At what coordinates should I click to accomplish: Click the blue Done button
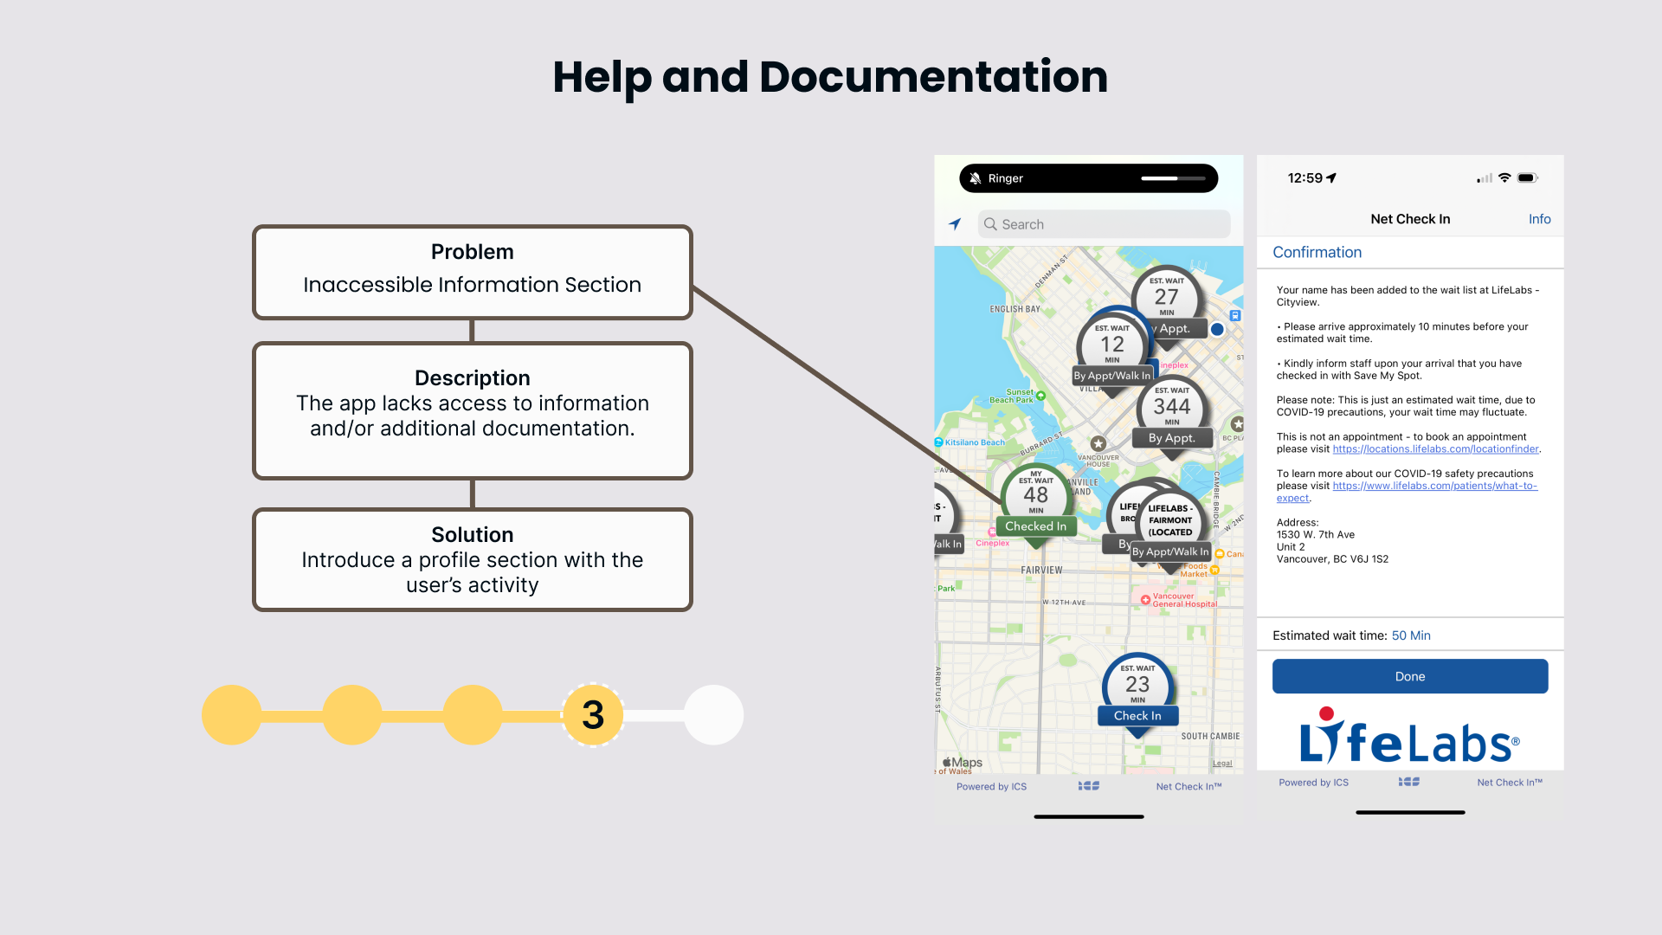[1409, 676]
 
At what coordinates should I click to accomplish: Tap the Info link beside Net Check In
[1539, 219]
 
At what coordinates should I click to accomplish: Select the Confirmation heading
[1317, 252]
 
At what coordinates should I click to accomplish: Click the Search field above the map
[1104, 224]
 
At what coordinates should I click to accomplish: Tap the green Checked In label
[1035, 526]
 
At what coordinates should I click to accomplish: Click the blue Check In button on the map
[1137, 716]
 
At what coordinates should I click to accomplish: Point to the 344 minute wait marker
[1171, 407]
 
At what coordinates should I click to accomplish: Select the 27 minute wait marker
[1166, 297]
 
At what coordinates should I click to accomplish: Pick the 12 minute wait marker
[1112, 345]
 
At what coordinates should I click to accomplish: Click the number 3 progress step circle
[593, 715]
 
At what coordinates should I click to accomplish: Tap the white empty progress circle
[713, 715]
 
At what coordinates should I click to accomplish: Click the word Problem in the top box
[472, 252]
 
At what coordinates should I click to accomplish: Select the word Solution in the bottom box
[472, 535]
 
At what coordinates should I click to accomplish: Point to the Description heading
[472, 378]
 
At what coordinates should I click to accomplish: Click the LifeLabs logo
[1408, 737]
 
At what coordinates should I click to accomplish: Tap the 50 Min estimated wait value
[1411, 635]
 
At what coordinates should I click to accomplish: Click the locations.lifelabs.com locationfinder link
[1435, 449]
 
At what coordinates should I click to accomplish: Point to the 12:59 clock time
[1304, 178]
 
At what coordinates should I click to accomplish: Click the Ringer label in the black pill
[1005, 178]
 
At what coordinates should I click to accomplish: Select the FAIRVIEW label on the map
[1041, 571]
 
